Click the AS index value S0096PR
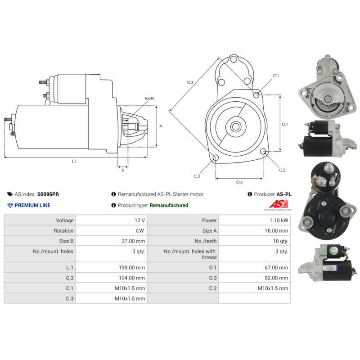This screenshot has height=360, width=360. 48,194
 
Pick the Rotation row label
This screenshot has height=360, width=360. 63,231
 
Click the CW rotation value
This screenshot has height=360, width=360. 140,231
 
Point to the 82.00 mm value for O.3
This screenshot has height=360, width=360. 276,278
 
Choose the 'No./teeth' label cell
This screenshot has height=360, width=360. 183,241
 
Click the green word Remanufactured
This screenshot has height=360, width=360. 169,205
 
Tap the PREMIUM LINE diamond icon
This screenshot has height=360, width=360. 10,205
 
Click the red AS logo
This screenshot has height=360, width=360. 279,204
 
